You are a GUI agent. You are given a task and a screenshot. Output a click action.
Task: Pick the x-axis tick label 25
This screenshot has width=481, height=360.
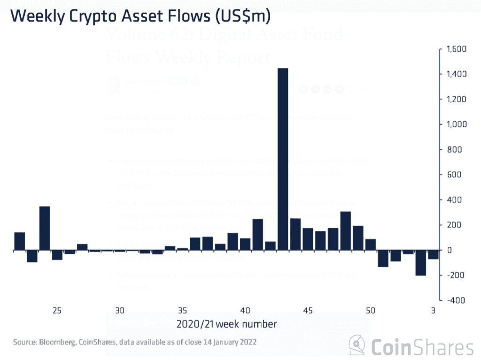tap(57, 310)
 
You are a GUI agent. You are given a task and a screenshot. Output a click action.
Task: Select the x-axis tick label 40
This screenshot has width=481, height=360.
tap(245, 310)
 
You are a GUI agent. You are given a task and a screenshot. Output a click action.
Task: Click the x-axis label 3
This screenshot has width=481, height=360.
tap(433, 310)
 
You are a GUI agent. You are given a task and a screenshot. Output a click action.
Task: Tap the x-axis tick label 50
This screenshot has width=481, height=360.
tap(371, 310)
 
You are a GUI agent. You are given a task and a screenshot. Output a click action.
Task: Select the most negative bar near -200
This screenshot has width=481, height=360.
tap(420, 263)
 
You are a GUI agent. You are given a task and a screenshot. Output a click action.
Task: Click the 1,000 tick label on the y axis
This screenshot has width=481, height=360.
tap(454, 124)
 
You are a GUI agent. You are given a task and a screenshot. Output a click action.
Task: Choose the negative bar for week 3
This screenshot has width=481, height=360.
tap(433, 255)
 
